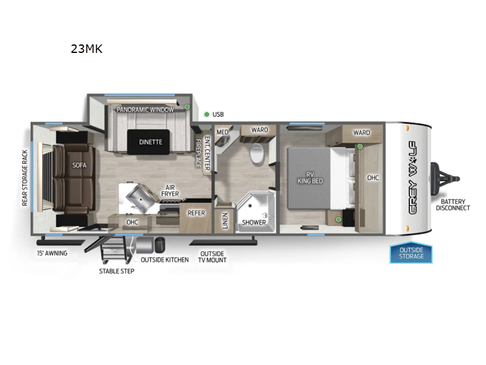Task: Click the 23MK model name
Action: pyautogui.click(x=86, y=49)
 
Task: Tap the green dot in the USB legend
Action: pyautogui.click(x=207, y=114)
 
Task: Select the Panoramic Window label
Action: pyautogui.click(x=145, y=109)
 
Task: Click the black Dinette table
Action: pyautogui.click(x=150, y=142)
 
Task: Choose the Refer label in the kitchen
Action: pyautogui.click(x=196, y=213)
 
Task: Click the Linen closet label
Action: pyautogui.click(x=225, y=221)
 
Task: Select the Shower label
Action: pyautogui.click(x=254, y=222)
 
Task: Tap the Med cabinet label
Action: pyautogui.click(x=222, y=131)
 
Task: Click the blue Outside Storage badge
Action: pyautogui.click(x=411, y=253)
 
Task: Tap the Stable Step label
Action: pyautogui.click(x=117, y=271)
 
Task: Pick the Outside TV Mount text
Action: pyautogui.click(x=213, y=257)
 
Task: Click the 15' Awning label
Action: pyautogui.click(x=52, y=253)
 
